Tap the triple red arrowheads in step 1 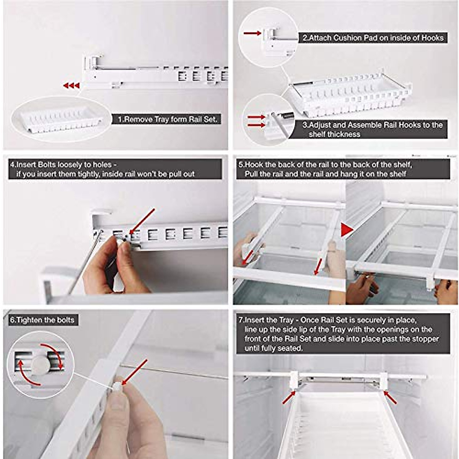71,85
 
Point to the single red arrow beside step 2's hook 252,33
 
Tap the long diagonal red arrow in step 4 142,221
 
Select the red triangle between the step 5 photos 347,230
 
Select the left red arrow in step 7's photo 289,397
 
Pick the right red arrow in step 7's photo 391,397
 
